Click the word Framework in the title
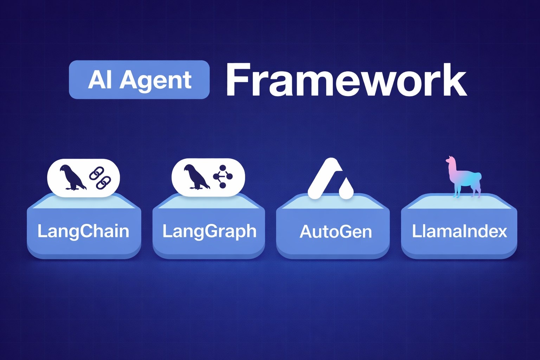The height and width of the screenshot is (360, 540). pyautogui.click(x=346, y=80)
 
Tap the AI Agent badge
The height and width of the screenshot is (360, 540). pyautogui.click(x=139, y=80)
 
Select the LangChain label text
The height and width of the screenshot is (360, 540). pyautogui.click(x=83, y=231)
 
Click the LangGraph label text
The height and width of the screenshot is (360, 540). pyautogui.click(x=209, y=231)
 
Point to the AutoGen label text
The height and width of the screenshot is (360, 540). pyautogui.click(x=336, y=232)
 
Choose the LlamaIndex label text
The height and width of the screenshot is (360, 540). pyautogui.click(x=459, y=231)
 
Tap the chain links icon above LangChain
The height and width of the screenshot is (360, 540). pyautogui.click(x=100, y=178)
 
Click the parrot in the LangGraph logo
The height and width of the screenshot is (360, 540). pyautogui.click(x=196, y=177)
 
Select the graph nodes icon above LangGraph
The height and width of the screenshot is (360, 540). pyautogui.click(x=223, y=176)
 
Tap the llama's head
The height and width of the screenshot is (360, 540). pyautogui.click(x=450, y=161)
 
